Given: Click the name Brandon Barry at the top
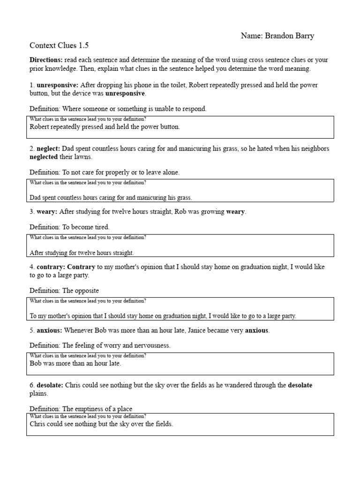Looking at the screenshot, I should (x=294, y=36).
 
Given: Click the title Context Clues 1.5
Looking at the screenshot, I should (x=59, y=45).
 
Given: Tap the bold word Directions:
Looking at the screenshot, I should (x=46, y=60).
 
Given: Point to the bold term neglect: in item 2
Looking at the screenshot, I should (x=49, y=149).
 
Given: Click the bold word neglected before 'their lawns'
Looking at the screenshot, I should (x=44, y=157).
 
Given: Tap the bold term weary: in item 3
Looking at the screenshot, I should (x=47, y=212).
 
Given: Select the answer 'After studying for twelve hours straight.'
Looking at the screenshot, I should (x=82, y=253).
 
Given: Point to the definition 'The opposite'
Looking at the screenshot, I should (x=80, y=291).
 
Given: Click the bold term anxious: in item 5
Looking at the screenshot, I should (x=50, y=330).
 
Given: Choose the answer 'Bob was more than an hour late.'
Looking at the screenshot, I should (x=75, y=363).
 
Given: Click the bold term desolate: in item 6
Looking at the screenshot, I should (x=50, y=385).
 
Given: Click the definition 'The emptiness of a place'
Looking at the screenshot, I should (x=100, y=409).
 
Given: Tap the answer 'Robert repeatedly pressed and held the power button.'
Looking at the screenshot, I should (x=105, y=127).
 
